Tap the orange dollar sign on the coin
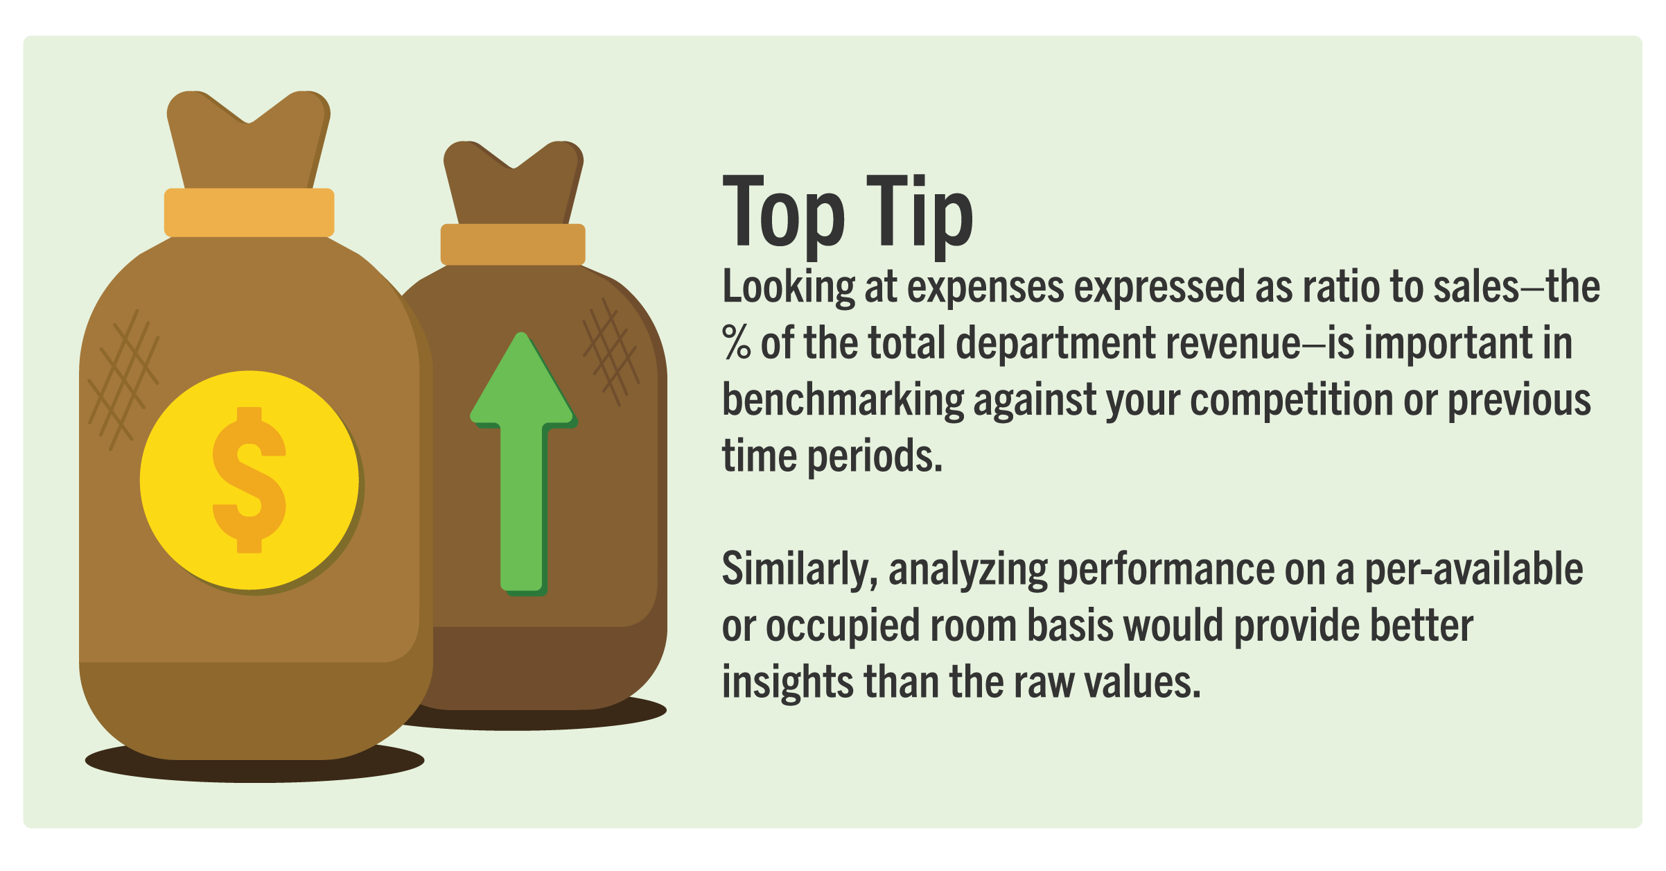click(x=249, y=480)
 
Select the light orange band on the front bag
click(x=249, y=212)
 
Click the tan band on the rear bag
click(x=513, y=244)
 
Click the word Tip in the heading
click(x=920, y=211)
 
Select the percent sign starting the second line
click(x=737, y=343)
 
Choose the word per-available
click(x=1474, y=569)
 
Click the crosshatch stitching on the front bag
click(x=123, y=380)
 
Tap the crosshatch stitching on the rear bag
click(x=610, y=352)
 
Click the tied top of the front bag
click(x=249, y=139)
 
